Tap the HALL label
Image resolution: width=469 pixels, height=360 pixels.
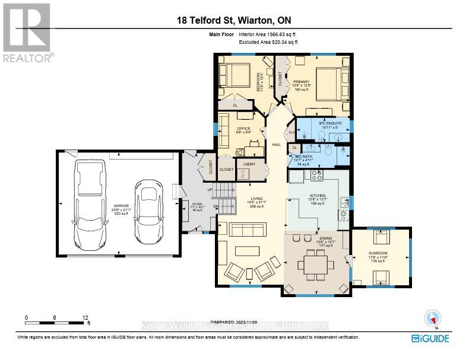pyautogui.click(x=276, y=144)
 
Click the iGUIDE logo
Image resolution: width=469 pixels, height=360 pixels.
pyautogui.click(x=430, y=338)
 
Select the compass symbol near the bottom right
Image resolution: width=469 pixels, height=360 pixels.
pyautogui.click(x=432, y=319)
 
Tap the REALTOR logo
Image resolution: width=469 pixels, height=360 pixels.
pyautogui.click(x=27, y=33)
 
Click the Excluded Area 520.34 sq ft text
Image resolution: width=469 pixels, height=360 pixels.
pyautogui.click(x=268, y=43)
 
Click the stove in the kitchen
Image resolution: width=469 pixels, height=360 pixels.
pyautogui.click(x=315, y=176)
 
